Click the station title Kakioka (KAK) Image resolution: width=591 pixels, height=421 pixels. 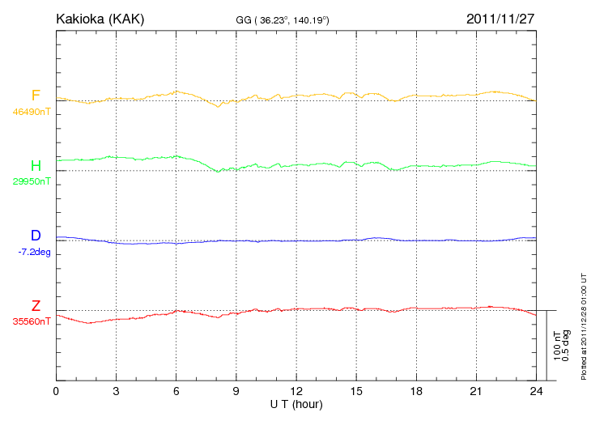click(x=100, y=19)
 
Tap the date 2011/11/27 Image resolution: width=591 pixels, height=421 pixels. click(x=500, y=19)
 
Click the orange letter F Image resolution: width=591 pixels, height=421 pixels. click(x=36, y=96)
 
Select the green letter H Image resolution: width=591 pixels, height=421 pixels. click(x=36, y=166)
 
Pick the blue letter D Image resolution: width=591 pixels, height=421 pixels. click(x=36, y=236)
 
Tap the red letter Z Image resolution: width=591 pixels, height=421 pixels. click(x=36, y=306)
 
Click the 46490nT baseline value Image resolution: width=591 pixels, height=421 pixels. click(x=32, y=112)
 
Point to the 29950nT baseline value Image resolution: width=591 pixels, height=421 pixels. click(x=32, y=181)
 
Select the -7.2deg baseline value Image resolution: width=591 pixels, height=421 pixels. click(x=34, y=252)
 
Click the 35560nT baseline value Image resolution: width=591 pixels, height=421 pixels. click(x=32, y=321)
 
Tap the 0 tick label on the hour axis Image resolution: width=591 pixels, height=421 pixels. click(x=56, y=391)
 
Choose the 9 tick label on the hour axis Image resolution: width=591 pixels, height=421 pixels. click(x=236, y=391)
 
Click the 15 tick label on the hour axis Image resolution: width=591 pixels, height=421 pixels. click(x=356, y=391)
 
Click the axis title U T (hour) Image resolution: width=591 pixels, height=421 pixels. click(x=295, y=403)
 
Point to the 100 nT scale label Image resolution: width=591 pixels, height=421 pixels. click(x=557, y=346)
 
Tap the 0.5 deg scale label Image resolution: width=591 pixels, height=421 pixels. click(x=566, y=346)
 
